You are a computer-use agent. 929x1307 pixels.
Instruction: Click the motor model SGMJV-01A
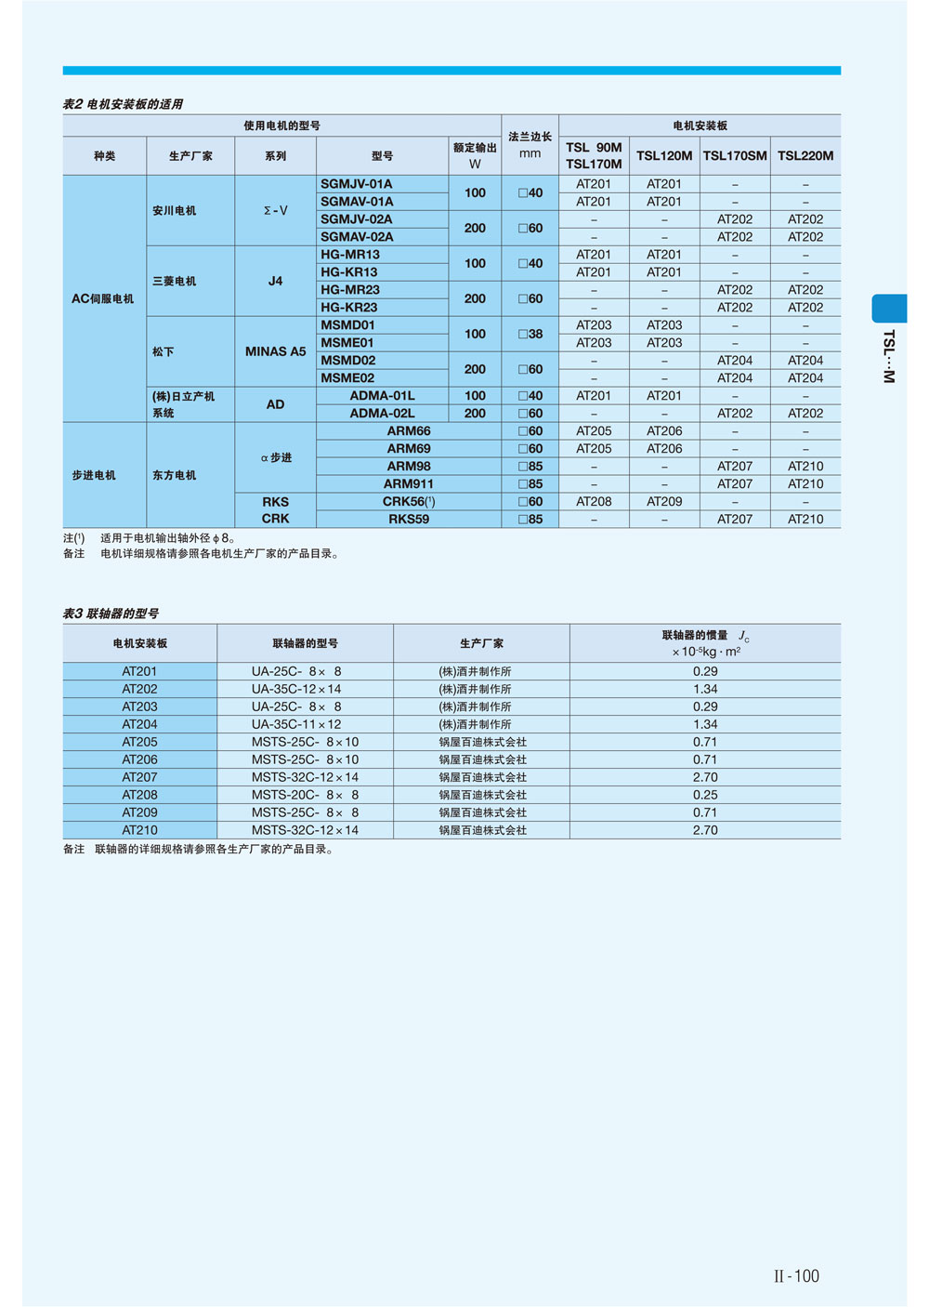point(357,184)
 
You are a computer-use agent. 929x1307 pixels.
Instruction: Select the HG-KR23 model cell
point(349,308)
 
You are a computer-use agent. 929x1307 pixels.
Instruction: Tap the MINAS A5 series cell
point(275,351)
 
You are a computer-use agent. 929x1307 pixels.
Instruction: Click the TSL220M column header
point(805,155)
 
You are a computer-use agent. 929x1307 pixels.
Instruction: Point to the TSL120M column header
point(664,155)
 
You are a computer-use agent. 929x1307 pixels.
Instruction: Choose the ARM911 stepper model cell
point(409,483)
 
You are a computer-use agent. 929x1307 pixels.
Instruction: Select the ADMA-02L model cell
point(382,413)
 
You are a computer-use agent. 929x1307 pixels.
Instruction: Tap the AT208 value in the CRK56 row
point(594,501)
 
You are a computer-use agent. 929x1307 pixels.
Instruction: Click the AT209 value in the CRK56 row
point(664,501)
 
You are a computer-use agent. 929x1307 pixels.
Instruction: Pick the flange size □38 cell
point(530,334)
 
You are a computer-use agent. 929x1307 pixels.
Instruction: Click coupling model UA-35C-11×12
point(296,724)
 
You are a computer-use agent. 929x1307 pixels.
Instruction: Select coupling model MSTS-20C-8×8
point(305,795)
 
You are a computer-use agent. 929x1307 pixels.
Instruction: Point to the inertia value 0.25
point(705,795)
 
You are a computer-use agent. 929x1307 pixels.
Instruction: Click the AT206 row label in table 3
point(139,759)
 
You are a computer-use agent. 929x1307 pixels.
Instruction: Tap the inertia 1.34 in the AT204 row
point(705,724)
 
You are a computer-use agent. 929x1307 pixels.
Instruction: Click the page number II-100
point(797,1276)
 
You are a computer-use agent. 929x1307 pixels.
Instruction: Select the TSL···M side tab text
point(889,356)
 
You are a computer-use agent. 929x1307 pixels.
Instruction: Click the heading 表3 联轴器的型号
point(111,614)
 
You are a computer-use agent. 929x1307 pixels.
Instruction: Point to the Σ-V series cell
point(275,211)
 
